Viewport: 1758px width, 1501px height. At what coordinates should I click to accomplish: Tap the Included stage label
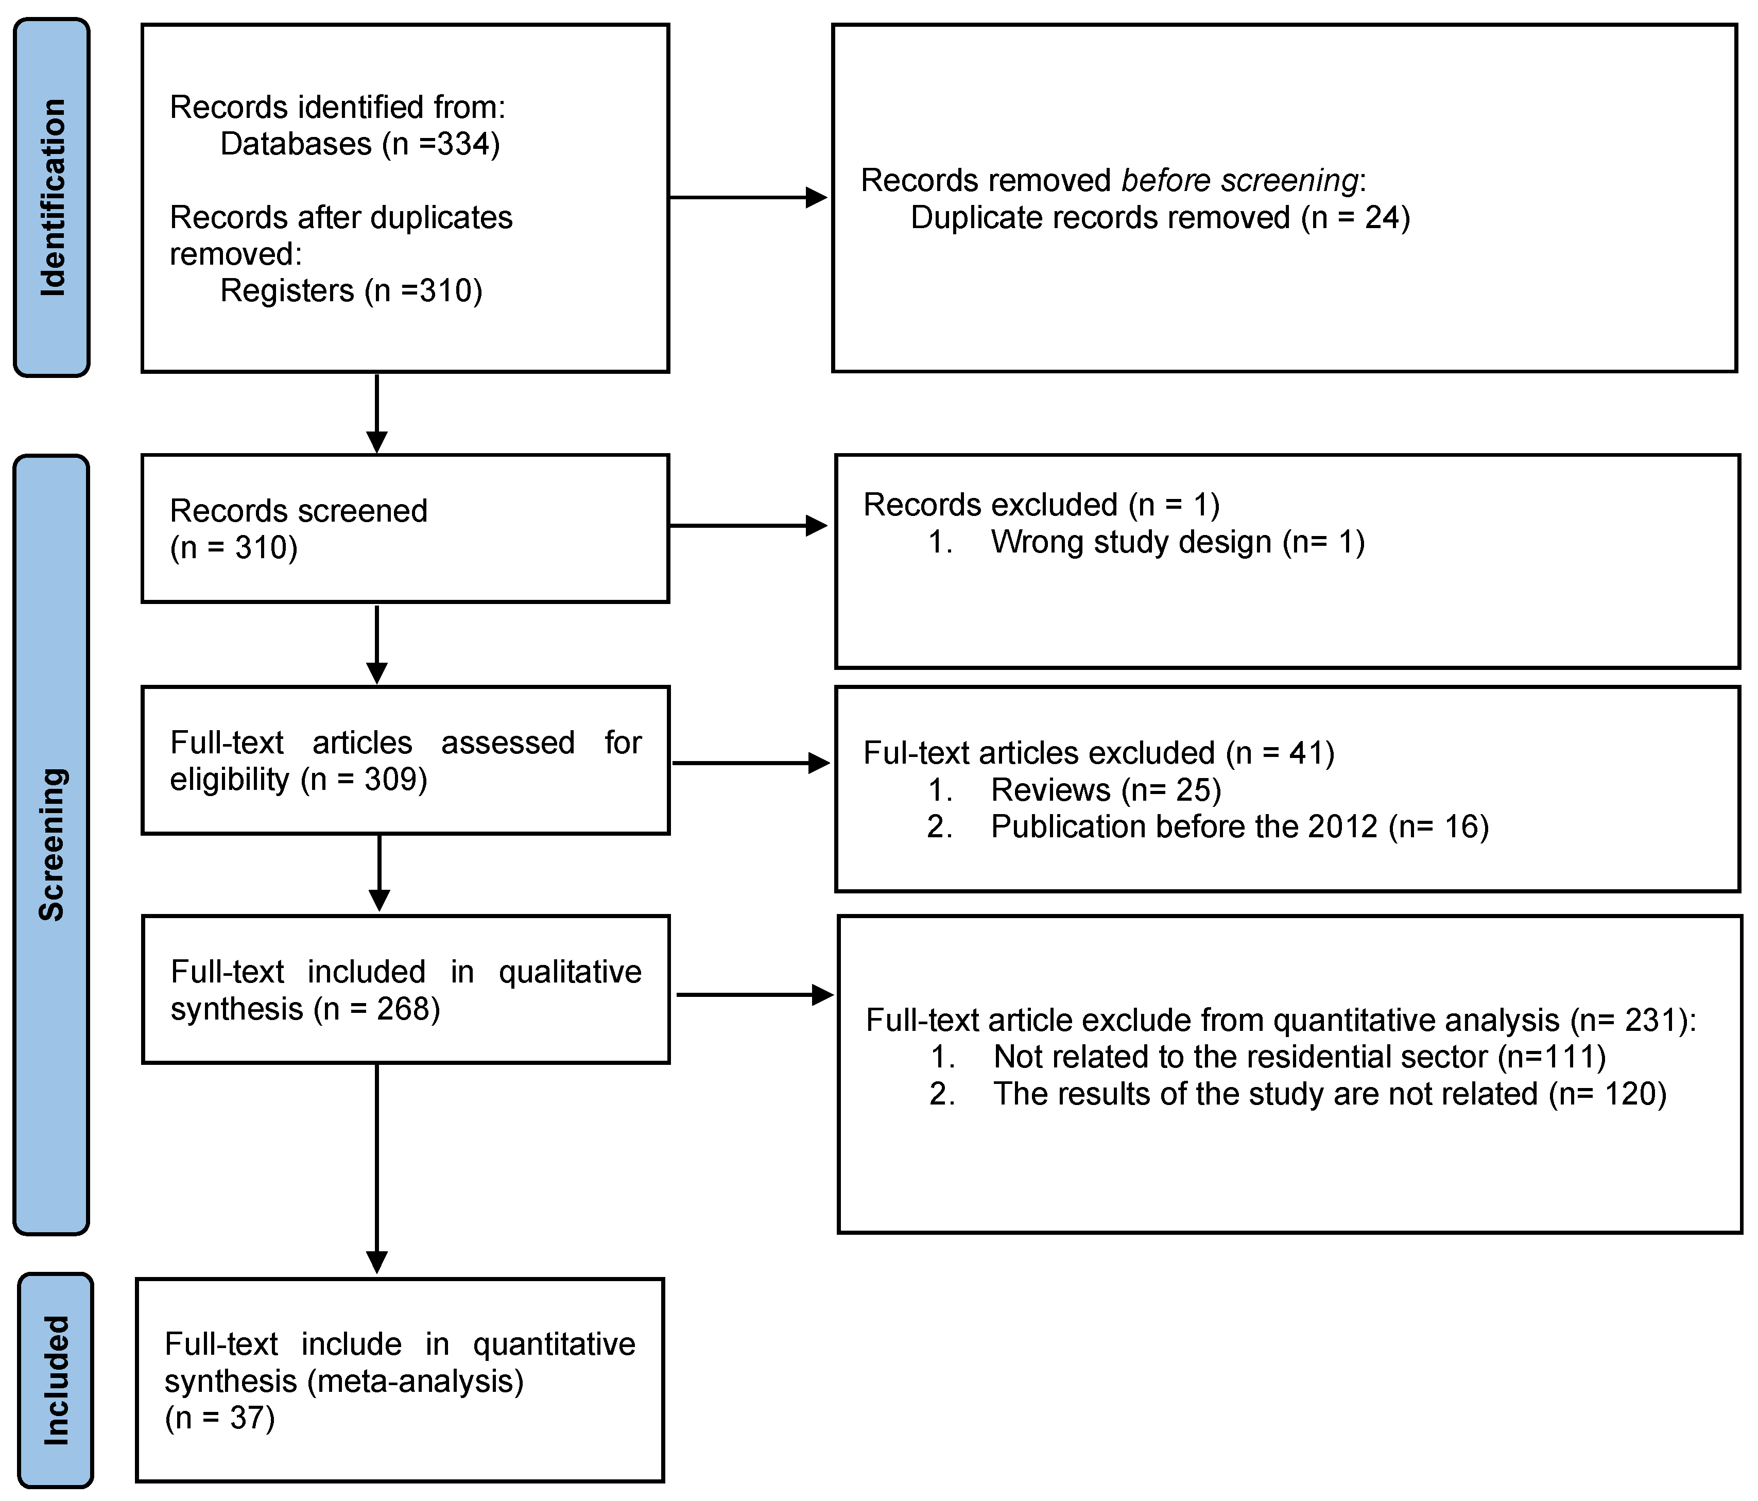pos(55,1379)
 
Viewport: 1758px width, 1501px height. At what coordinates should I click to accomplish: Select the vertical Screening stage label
pos(52,844)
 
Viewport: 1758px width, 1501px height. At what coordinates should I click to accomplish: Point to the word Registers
pos(287,291)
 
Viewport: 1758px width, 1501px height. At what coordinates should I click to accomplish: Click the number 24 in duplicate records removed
pos(1381,218)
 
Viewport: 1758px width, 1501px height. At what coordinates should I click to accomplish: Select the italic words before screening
pos(1239,181)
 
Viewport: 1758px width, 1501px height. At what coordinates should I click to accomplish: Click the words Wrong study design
pos(1130,542)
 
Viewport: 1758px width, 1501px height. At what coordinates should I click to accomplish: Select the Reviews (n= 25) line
pos(1105,790)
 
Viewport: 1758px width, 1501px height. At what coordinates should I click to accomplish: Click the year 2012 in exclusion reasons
pos(1342,826)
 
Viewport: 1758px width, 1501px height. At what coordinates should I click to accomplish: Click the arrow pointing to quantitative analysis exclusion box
pos(755,994)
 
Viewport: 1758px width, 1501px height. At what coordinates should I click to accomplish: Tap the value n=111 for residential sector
pos(1551,1057)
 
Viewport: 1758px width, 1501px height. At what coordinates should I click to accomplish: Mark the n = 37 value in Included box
pos(220,1418)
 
